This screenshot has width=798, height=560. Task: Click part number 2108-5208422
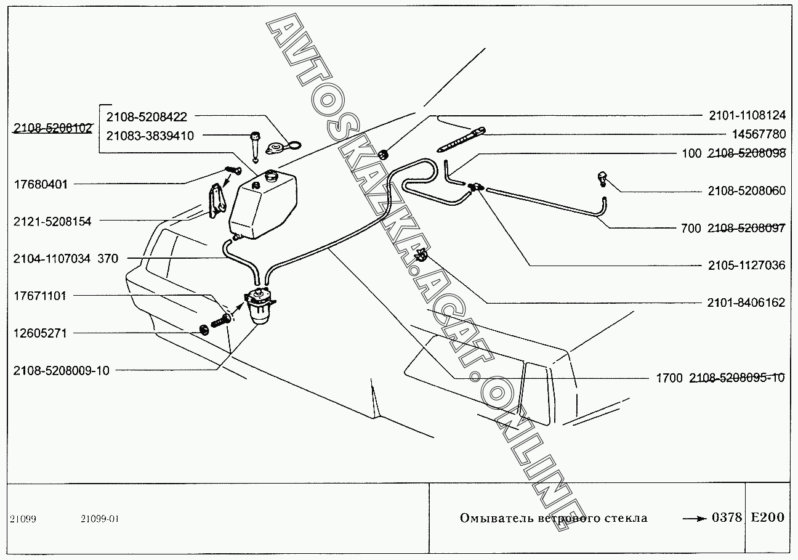[x=147, y=116]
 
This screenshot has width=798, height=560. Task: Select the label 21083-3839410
[x=150, y=136]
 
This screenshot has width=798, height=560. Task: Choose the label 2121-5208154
[x=52, y=221]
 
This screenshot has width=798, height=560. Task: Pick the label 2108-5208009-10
[x=60, y=370]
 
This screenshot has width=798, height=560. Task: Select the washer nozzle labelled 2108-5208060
[x=604, y=179]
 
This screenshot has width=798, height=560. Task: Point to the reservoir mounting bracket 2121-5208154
[x=215, y=200]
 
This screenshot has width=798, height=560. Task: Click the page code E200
[x=767, y=517]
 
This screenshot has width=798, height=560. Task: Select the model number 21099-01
[x=99, y=519]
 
